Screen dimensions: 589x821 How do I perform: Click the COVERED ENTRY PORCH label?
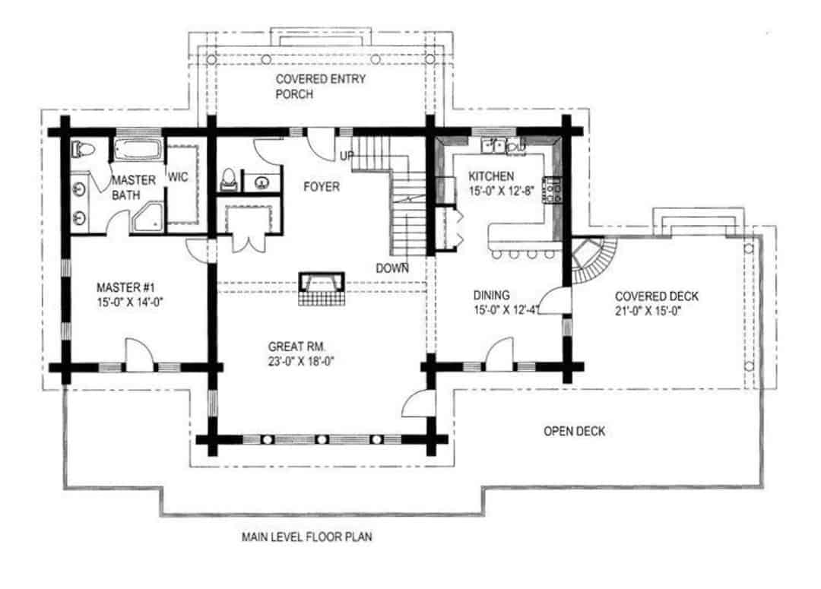coord(309,87)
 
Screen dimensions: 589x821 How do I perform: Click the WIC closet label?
coord(178,177)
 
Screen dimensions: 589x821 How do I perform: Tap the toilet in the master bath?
coord(81,150)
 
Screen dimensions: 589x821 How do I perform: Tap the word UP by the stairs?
coord(347,156)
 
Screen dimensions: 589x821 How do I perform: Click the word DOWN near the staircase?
coord(392,268)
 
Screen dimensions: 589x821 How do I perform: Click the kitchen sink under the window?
coord(499,145)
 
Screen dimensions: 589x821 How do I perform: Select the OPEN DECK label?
coord(574,432)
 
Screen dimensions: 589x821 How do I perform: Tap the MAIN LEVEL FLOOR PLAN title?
coord(307,537)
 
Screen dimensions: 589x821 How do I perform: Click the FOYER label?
coord(321,187)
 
